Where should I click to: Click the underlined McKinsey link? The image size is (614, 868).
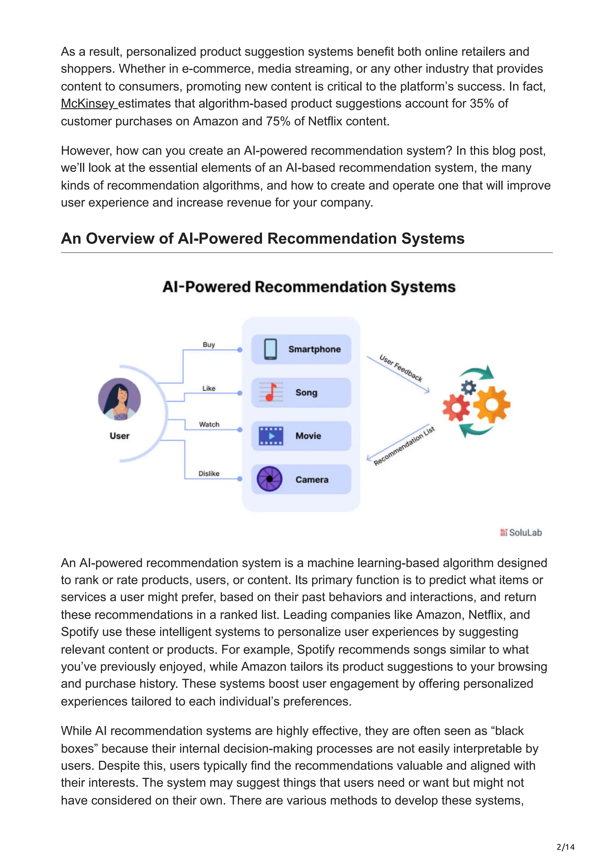(88, 103)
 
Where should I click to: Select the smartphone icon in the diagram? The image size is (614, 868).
(270, 349)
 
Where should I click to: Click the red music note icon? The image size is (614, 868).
(271, 392)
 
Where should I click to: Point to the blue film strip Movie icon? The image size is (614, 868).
(270, 435)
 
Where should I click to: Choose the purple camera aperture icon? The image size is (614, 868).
(269, 479)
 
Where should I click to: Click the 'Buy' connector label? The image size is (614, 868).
(209, 344)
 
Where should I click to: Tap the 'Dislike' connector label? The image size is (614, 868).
(209, 473)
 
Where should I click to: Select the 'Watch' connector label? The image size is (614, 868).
(209, 424)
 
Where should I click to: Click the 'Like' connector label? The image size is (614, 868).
(209, 388)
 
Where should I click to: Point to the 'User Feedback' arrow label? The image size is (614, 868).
(401, 368)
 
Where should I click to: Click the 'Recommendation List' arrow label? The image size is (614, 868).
(404, 446)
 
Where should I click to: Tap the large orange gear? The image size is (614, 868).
(491, 405)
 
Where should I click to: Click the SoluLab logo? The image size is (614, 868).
(521, 532)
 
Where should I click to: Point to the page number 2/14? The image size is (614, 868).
(565, 847)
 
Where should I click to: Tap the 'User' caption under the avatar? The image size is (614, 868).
(120, 436)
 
